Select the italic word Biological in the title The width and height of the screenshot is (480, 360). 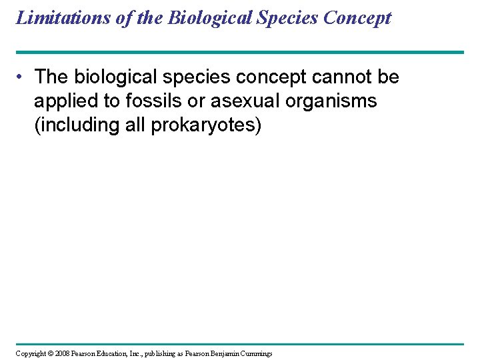tap(207, 17)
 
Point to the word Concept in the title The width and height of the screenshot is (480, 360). tap(357, 17)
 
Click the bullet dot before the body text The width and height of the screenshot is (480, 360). tap(22, 77)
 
